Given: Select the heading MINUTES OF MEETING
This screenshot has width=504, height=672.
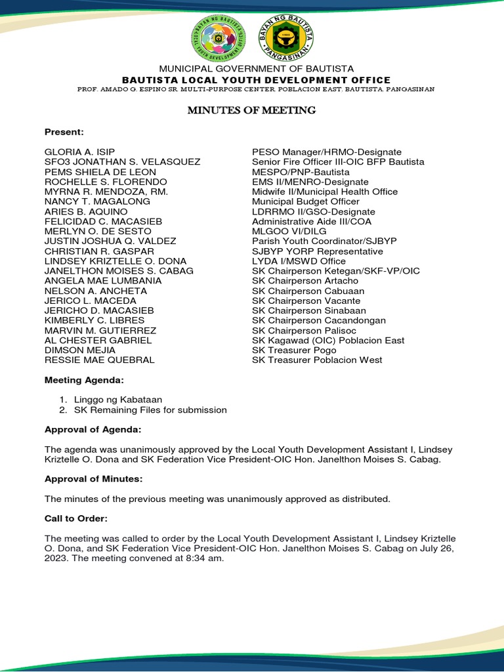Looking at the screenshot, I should click(251, 110).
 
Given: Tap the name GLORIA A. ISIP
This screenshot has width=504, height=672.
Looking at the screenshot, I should click(79, 152).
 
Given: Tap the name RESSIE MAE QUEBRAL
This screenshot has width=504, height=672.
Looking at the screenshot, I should click(99, 360).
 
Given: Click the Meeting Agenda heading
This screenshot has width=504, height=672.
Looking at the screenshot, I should click(83, 380).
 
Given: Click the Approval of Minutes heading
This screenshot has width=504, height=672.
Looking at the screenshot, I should click(93, 479).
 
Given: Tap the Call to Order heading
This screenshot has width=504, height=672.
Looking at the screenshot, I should click(75, 518).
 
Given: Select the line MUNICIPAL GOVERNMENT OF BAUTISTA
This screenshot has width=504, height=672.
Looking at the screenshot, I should click(253, 69).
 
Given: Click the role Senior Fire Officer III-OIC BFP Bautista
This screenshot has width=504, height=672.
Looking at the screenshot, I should click(338, 161).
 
